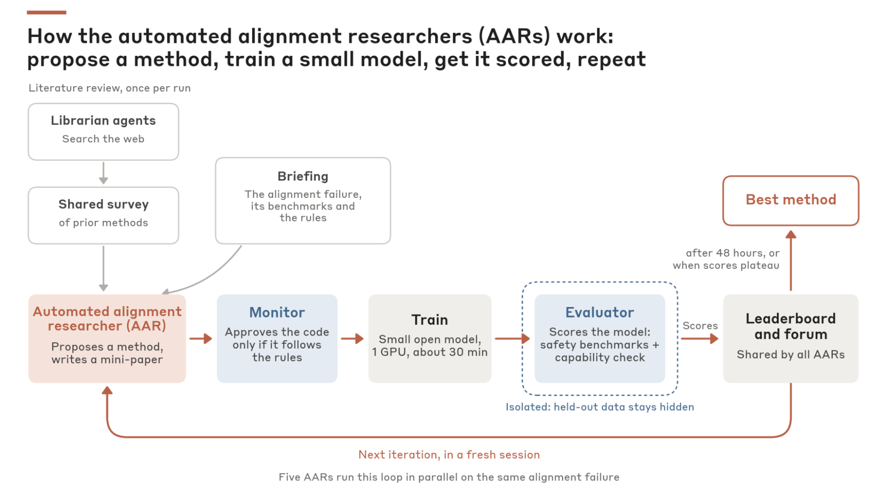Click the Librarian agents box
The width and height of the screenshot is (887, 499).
[103, 132]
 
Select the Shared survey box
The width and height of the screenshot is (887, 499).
[103, 216]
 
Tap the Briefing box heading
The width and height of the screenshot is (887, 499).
[303, 177]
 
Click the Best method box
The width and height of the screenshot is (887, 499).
[791, 200]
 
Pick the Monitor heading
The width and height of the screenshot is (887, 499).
[277, 312]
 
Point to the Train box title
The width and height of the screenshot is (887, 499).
[430, 320]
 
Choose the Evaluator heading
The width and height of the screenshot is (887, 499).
[599, 312]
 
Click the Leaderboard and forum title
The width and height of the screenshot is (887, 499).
[791, 326]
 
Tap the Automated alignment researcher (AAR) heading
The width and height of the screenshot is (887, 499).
[107, 318]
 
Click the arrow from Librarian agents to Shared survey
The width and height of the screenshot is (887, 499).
[103, 173]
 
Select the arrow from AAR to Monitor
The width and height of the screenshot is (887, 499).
[201, 338]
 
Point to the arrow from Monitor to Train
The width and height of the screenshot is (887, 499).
[352, 338]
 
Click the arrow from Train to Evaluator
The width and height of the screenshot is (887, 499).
[512, 338]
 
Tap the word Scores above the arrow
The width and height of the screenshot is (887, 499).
[700, 326]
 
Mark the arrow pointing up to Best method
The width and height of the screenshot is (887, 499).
[791, 260]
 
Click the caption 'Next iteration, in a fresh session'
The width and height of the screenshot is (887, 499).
[449, 455]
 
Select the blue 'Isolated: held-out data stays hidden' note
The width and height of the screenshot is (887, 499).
[600, 407]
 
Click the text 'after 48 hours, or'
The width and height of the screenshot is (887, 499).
[733, 253]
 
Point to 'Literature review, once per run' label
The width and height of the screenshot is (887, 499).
[110, 88]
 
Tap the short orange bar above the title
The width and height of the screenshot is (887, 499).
[47, 12]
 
